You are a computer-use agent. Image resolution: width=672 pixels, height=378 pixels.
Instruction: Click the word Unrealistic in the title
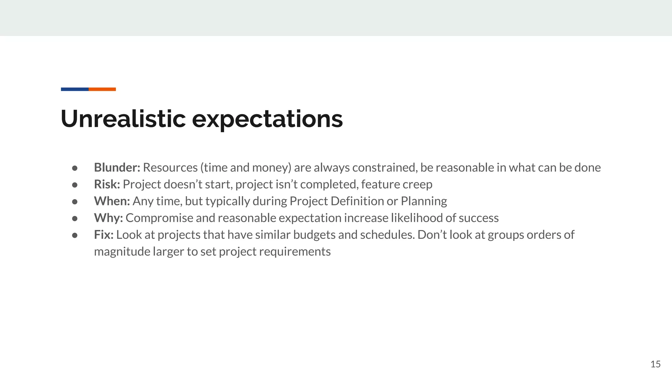[123, 119]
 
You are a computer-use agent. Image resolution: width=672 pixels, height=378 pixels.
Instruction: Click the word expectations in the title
[267, 119]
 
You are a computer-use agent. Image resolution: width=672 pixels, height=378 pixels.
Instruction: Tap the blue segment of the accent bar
[75, 89]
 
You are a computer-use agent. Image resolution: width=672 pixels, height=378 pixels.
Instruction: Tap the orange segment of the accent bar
[102, 89]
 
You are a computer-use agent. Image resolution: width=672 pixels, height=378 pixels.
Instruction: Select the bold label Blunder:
[117, 168]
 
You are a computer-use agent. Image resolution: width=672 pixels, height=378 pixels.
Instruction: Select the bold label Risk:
[107, 184]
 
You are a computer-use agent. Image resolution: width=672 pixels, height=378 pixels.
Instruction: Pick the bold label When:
[112, 201]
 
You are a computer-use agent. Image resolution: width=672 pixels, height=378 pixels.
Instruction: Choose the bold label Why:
[108, 218]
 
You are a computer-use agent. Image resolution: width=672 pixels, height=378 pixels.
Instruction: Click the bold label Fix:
[104, 235]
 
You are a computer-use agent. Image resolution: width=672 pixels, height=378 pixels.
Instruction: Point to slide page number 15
[655, 364]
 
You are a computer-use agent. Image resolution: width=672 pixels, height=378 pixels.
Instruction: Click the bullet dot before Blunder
[75, 168]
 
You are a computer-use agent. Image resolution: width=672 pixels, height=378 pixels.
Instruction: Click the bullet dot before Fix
[75, 235]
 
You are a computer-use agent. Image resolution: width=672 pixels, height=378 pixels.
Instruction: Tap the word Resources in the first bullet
[170, 168]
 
